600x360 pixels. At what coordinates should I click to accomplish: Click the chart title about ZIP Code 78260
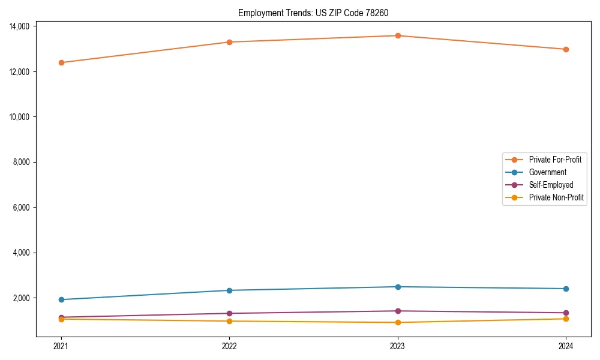tap(317, 13)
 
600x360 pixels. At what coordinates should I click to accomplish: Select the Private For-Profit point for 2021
tap(61, 62)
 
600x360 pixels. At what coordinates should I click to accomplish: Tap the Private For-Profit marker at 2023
tap(398, 35)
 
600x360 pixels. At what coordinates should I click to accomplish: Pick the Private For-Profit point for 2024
tap(566, 49)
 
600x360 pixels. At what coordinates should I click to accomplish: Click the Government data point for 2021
tap(61, 299)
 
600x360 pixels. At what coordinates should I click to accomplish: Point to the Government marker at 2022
tap(229, 290)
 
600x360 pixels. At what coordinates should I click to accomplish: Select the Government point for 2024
tap(566, 289)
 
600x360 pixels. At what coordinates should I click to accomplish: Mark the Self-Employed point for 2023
tap(398, 311)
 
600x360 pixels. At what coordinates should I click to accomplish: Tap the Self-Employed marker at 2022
tap(229, 313)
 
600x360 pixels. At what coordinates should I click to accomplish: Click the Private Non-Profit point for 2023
tap(398, 322)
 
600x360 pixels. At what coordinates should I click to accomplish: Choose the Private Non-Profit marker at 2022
tap(229, 321)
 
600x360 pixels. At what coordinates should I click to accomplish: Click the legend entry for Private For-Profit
tap(554, 160)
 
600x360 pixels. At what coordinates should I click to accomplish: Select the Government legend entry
tap(547, 172)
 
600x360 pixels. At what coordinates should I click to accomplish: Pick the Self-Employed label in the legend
tap(551, 185)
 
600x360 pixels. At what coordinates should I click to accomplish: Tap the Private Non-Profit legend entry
tap(556, 197)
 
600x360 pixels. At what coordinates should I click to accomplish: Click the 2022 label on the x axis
tap(229, 346)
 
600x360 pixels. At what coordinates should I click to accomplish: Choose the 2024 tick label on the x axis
tap(566, 346)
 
